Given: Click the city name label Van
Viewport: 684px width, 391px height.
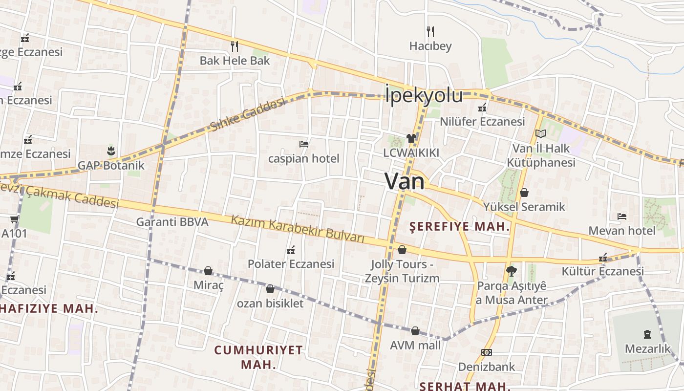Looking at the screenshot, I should (x=405, y=181).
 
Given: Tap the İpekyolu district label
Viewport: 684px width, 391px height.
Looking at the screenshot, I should (x=424, y=95).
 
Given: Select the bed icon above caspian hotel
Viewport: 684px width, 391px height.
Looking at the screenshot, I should (x=303, y=144).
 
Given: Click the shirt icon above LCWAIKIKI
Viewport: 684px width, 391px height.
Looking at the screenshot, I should (x=411, y=138).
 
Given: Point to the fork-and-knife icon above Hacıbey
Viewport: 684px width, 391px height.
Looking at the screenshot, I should (x=430, y=32).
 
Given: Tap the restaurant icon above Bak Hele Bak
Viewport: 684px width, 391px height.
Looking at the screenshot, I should (x=235, y=46).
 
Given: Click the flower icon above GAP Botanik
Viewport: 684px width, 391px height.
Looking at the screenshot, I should (x=110, y=150).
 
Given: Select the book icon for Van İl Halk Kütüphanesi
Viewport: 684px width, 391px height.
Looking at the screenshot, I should (x=540, y=133).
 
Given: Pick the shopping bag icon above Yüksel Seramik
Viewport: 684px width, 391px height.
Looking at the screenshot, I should (x=524, y=193).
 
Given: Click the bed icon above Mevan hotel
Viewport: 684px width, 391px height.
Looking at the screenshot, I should (x=621, y=216).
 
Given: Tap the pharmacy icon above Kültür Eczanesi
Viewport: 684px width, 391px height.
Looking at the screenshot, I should (x=603, y=258).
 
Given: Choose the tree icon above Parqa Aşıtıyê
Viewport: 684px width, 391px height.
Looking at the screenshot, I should (x=511, y=271).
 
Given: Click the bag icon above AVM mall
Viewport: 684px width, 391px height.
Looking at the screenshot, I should (x=415, y=331).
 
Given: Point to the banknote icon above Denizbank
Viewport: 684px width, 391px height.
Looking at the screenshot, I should (x=486, y=352).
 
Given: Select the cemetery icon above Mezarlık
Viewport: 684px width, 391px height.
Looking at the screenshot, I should (x=647, y=335).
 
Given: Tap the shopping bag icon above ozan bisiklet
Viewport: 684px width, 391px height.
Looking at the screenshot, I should (x=270, y=289).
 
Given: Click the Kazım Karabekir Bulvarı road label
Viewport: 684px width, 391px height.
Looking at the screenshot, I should (x=298, y=228).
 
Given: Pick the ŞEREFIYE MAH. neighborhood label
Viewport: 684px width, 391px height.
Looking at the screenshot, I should (x=459, y=227).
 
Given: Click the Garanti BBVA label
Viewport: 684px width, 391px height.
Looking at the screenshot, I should (x=172, y=222).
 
